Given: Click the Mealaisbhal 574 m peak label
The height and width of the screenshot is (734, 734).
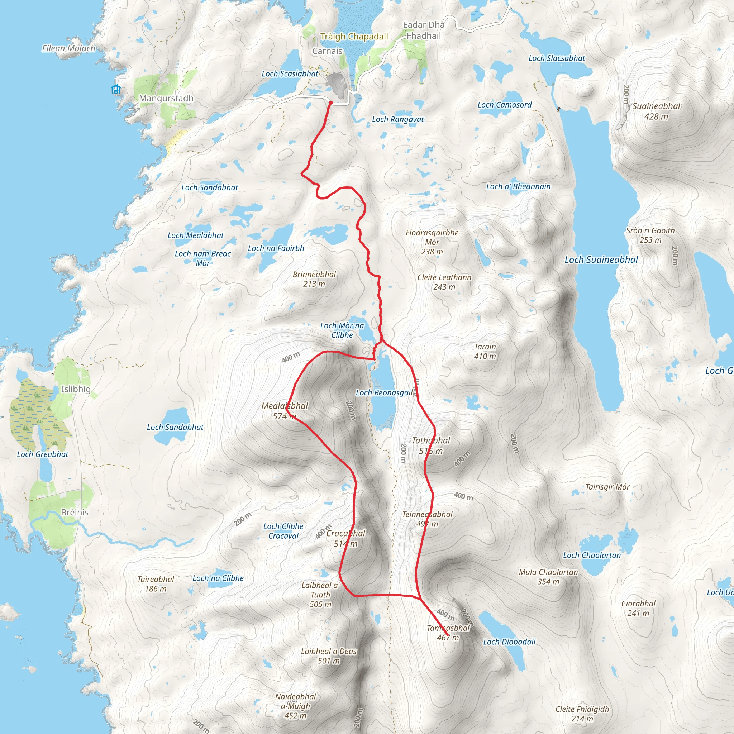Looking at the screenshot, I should point(285,411).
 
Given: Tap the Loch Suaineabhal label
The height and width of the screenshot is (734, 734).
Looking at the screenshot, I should point(601,260).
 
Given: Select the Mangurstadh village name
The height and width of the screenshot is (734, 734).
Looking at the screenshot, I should point(166,99).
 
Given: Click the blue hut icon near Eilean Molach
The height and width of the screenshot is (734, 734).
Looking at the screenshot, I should point(116,89).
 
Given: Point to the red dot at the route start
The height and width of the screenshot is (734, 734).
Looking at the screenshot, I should point(330,103).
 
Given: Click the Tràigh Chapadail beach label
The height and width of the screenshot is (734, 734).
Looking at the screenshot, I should point(354,37).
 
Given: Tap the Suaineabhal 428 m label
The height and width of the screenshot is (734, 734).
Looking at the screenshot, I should point(656,111).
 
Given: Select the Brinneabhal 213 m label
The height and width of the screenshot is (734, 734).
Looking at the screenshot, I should point(314,279).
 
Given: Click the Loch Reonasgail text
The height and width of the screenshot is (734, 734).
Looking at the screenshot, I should point(384,392).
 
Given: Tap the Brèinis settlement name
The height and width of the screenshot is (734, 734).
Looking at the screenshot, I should point(75,512).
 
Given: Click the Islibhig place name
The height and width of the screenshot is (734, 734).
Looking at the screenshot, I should point(76,389).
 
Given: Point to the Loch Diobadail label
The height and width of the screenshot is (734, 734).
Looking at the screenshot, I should point(509,642).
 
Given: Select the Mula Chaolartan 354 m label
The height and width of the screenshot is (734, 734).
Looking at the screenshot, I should point(548,577).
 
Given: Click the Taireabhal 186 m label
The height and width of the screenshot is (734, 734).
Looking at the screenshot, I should point(156,584).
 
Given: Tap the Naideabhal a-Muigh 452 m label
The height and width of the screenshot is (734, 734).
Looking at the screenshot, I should point(296,706).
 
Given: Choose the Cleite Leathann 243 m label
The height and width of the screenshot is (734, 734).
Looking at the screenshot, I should point(444,282).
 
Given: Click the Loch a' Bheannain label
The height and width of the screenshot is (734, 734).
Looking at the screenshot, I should point(518,186).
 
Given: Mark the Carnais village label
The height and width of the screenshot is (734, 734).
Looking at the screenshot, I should point(327,51).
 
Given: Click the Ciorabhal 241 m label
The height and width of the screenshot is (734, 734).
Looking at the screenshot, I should point(638,608).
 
